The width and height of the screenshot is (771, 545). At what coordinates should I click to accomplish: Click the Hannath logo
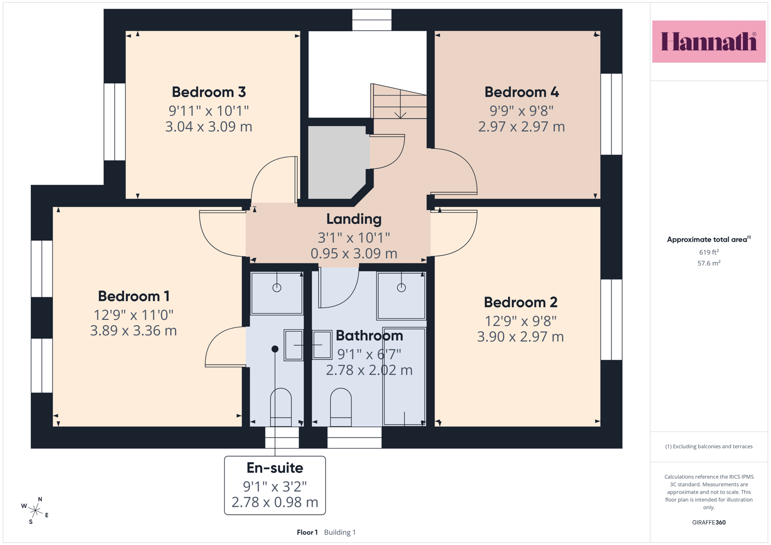tap(709, 41)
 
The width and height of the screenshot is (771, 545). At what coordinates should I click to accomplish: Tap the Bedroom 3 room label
tap(209, 92)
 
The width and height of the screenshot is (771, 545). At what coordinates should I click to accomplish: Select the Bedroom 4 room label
tap(522, 92)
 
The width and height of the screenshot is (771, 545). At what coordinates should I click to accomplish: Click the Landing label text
tap(354, 219)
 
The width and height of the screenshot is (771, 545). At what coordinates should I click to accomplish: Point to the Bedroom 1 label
tap(133, 296)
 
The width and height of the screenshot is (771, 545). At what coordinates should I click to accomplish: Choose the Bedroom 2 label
tap(521, 302)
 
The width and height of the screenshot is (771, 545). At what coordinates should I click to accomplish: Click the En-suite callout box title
tap(275, 468)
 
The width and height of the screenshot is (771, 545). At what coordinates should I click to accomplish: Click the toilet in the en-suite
tap(281, 407)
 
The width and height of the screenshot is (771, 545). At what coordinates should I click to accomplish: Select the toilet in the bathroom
tap(341, 407)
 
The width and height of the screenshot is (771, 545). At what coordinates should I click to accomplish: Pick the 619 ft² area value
tap(709, 252)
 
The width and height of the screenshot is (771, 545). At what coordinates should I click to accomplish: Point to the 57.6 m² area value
tap(709, 263)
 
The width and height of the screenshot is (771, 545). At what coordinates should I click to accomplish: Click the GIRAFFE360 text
tap(709, 522)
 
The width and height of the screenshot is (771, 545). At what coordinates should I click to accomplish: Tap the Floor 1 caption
tap(307, 532)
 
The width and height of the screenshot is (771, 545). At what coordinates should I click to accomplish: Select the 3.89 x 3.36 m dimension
tap(133, 331)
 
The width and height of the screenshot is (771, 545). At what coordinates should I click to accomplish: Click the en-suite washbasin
tap(293, 345)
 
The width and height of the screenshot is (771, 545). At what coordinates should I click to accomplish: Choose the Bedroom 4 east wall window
tap(611, 114)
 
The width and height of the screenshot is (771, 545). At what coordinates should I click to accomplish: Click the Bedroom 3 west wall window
tap(115, 122)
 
